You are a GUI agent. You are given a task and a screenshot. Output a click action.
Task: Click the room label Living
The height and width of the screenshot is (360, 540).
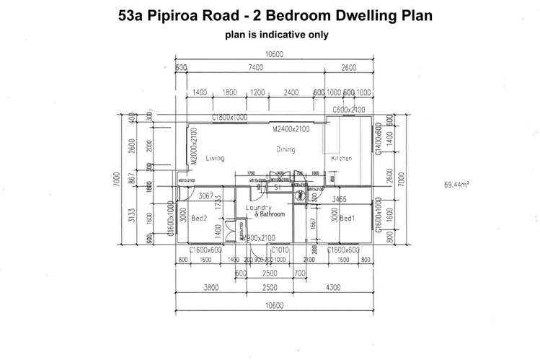point(215,158)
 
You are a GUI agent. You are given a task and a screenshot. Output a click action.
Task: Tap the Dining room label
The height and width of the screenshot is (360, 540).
point(286,149)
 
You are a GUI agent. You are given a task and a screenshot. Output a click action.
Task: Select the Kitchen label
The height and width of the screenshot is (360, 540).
point(342,159)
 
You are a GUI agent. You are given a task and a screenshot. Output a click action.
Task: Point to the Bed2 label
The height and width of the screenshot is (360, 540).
point(200,217)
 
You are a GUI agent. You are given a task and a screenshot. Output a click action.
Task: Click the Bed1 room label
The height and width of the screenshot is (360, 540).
point(347,218)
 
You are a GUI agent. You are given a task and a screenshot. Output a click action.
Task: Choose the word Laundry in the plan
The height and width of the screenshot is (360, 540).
point(257,207)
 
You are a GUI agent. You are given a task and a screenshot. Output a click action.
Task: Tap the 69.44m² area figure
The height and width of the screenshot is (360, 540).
point(457,185)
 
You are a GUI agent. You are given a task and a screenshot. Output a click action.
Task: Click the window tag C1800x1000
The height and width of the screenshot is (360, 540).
point(229,117)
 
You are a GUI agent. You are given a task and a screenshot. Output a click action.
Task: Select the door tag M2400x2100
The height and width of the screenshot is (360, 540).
point(291,130)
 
